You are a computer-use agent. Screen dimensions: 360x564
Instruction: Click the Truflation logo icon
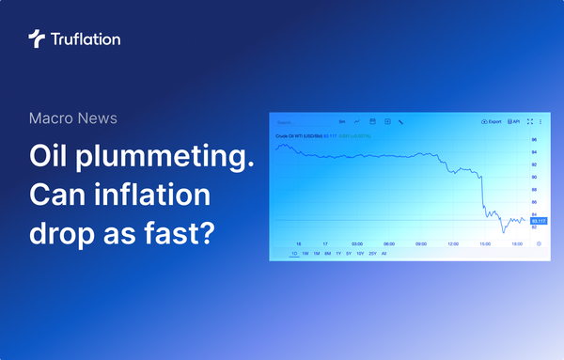coord(37,39)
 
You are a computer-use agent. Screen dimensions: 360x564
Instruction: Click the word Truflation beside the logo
coord(84,39)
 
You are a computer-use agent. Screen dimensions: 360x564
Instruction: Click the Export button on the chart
coord(492,122)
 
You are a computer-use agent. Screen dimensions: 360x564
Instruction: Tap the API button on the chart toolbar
coord(514,122)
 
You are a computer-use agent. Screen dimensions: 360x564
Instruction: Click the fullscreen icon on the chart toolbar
coord(530,122)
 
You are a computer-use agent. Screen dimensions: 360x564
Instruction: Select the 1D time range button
coord(294,254)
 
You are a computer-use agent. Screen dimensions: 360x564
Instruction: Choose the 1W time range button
coord(305,254)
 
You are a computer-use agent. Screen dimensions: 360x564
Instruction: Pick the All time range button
coord(384,254)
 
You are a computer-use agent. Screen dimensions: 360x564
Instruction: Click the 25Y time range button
coord(371,254)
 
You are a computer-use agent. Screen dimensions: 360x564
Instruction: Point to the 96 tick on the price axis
coord(535,141)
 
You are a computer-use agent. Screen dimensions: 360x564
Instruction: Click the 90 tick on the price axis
coord(535,177)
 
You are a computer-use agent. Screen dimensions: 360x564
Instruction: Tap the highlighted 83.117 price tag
coord(539,221)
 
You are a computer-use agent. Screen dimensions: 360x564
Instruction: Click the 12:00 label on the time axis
coord(453,243)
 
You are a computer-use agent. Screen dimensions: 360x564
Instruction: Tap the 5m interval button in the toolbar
coord(342,122)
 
